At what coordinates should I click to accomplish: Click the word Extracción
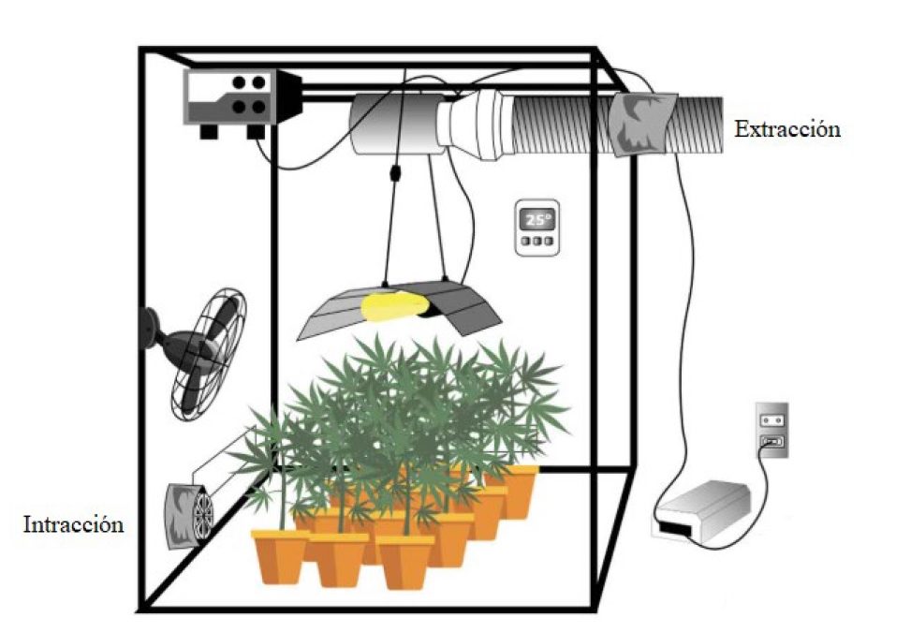[786, 129]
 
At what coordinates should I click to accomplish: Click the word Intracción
[73, 524]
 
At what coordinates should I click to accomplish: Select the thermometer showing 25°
[536, 227]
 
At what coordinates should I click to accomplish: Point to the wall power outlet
[772, 431]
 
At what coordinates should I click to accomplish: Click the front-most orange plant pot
[405, 561]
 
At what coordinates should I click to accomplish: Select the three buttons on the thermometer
[536, 242]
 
